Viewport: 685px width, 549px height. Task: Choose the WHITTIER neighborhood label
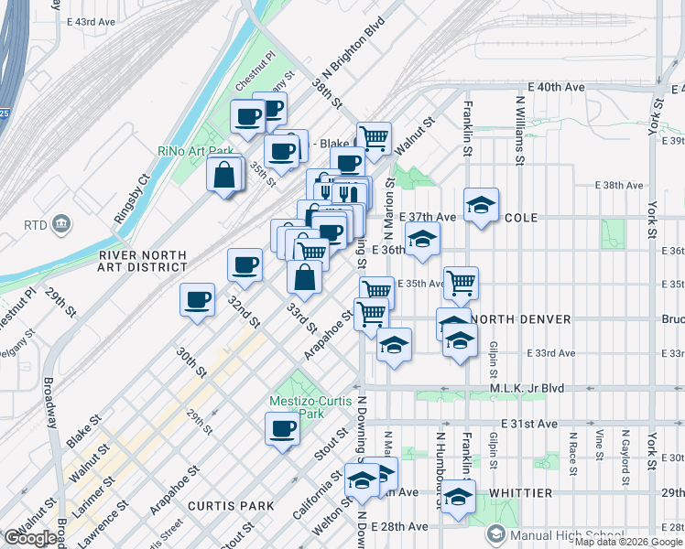pyautogui.click(x=520, y=493)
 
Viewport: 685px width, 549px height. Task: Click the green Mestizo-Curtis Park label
pyautogui.click(x=298, y=407)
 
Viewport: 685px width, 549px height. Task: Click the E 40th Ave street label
pyautogui.click(x=560, y=87)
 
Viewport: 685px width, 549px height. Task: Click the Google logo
pyautogui.click(x=29, y=538)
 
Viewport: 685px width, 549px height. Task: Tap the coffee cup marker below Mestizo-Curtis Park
pyautogui.click(x=282, y=427)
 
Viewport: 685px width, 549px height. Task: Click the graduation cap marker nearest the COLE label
pyautogui.click(x=480, y=205)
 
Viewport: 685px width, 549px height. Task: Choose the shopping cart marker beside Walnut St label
pyautogui.click(x=374, y=138)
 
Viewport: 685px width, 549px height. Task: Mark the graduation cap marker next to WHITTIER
pyautogui.click(x=458, y=499)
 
